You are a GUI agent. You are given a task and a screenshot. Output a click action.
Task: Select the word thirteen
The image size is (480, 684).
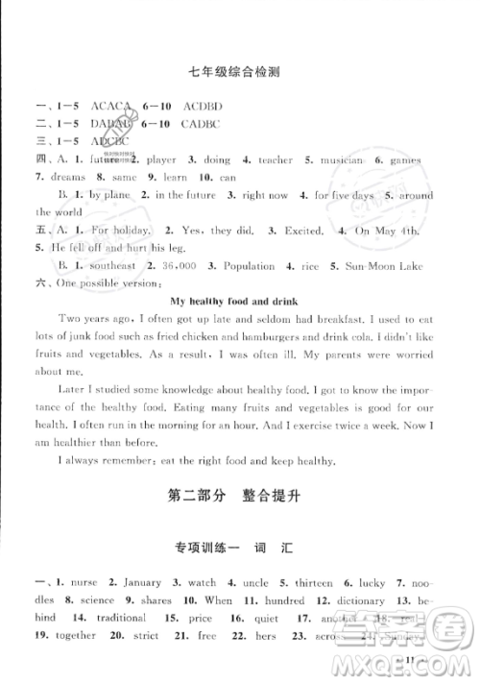(x=288, y=583)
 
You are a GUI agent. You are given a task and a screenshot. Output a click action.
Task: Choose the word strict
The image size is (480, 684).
(x=150, y=635)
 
